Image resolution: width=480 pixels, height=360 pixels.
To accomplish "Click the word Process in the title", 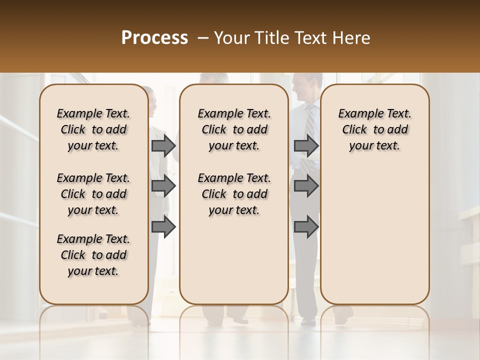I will pos(154,38).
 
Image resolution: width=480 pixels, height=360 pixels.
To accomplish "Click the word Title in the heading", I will pos(270,38).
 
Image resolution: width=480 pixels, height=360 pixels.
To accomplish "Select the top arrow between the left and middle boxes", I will pos(163,146).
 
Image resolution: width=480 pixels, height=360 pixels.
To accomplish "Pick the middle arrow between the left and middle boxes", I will pos(163,186).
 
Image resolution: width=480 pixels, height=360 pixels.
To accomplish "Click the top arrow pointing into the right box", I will pos(306,146).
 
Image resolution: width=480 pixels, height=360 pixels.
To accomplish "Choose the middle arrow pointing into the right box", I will pos(306,186).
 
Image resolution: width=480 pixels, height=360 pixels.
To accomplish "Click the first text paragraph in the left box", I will pos(93,129).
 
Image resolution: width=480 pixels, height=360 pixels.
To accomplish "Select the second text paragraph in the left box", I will pos(93,194).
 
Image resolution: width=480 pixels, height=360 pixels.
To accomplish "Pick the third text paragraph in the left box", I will pos(93,255).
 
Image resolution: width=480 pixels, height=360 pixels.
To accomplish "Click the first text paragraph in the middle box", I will pos(234,129).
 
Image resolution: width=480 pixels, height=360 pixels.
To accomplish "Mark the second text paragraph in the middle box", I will pos(234,194).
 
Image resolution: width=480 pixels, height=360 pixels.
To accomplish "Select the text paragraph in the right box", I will pos(375,129).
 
